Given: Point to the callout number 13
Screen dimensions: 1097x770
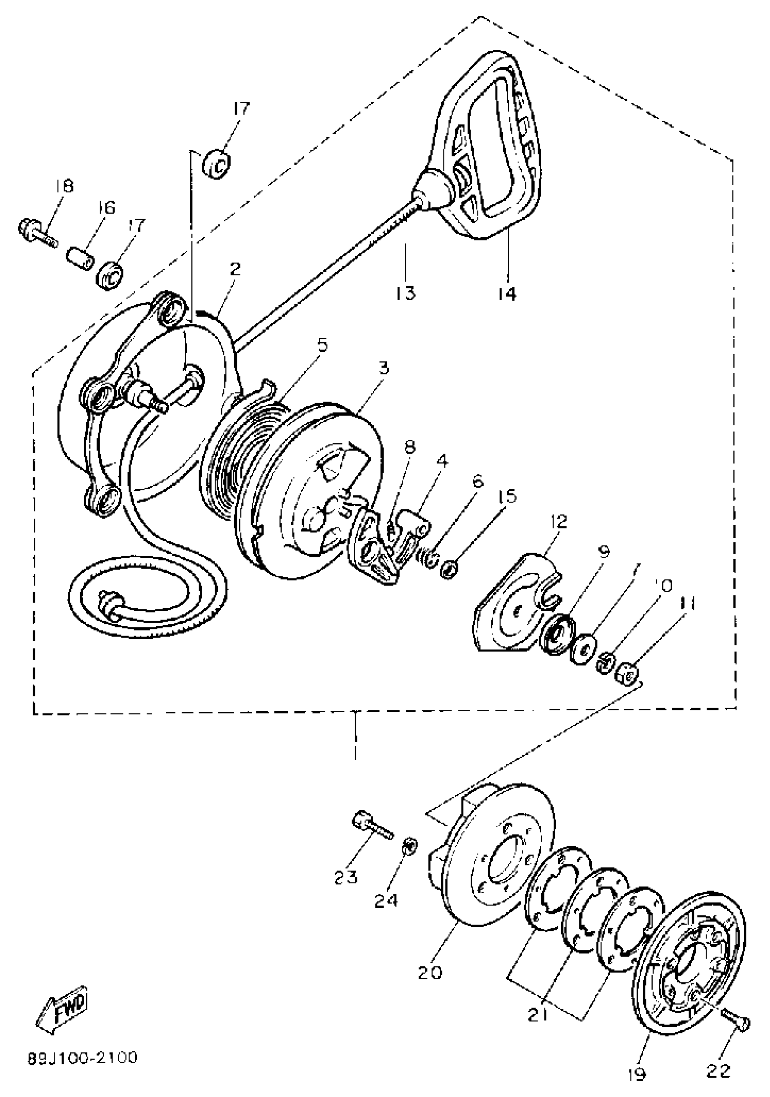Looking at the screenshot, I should pyautogui.click(x=405, y=292).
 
